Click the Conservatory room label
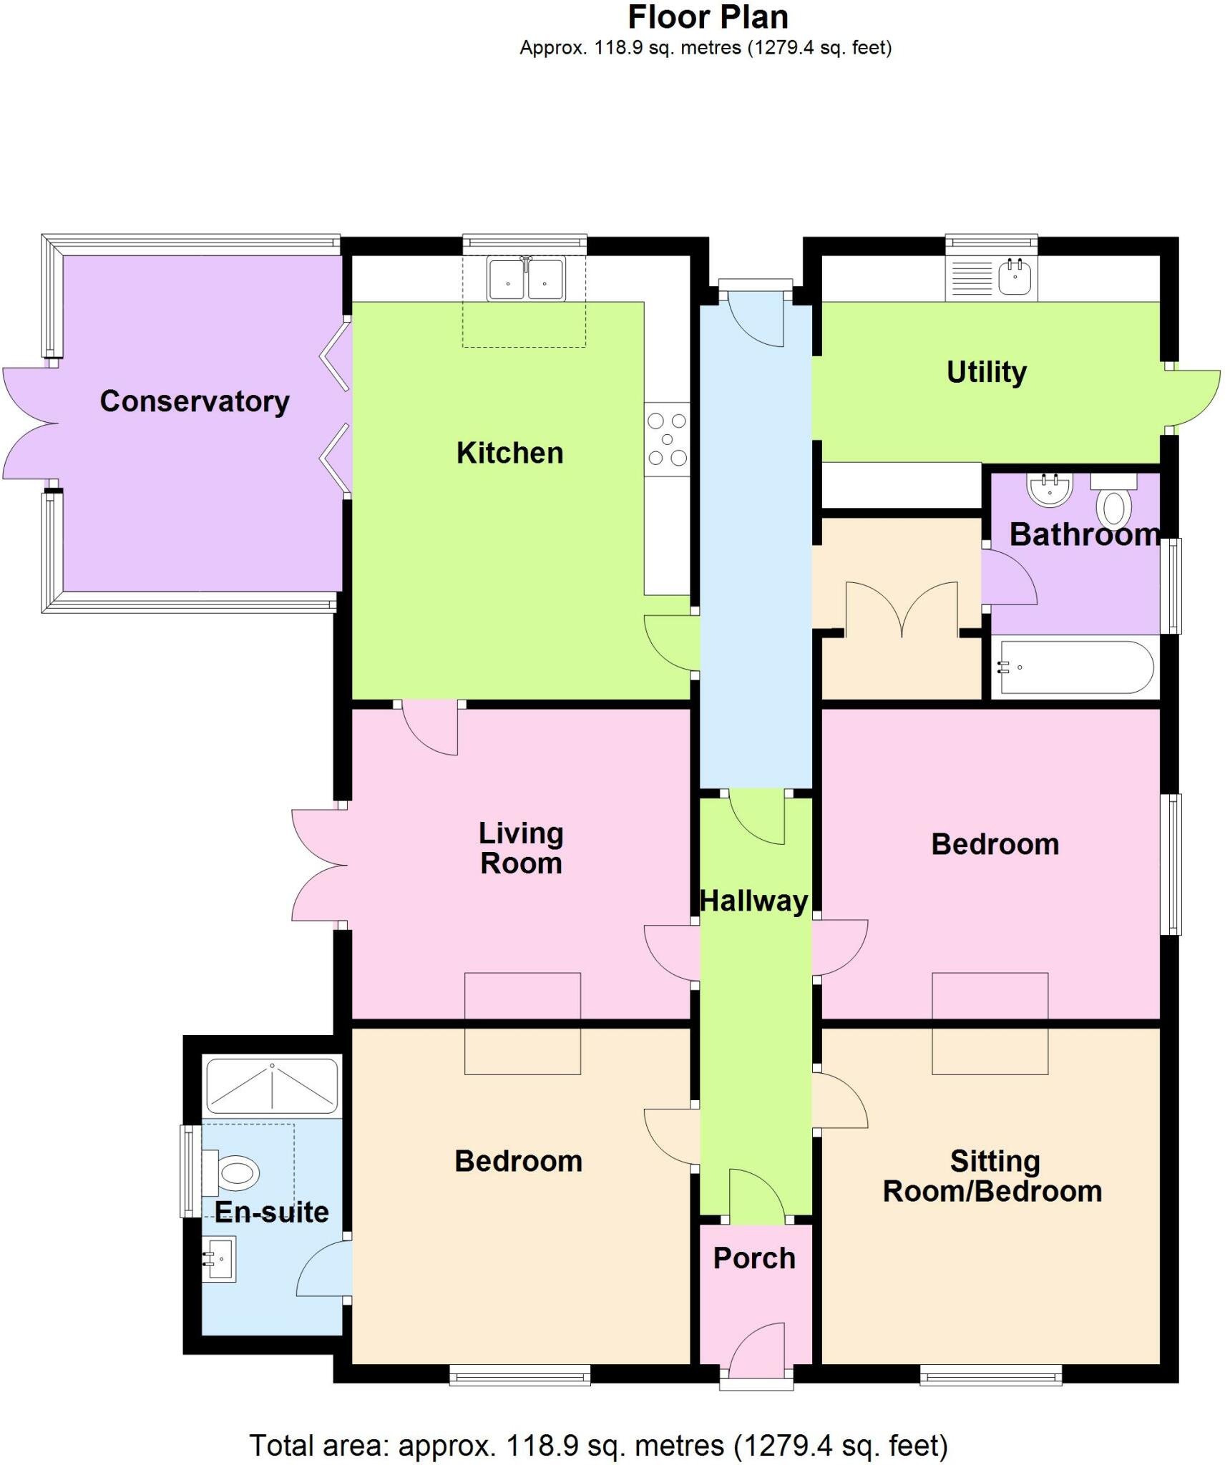pos(194,401)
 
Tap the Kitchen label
pos(509,453)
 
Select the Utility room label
pos(986,372)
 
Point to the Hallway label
pos(753,901)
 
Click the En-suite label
pos(271,1212)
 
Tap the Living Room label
pos(521,848)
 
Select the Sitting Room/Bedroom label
pos(992,1177)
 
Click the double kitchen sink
pos(526,280)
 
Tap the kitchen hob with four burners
pos(667,439)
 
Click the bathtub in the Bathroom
pos(1075,667)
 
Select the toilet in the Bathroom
pos(1113,503)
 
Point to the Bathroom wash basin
pos(1050,490)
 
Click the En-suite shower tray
pos(272,1085)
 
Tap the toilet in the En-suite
pos(233,1173)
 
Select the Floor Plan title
pos(707,17)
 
